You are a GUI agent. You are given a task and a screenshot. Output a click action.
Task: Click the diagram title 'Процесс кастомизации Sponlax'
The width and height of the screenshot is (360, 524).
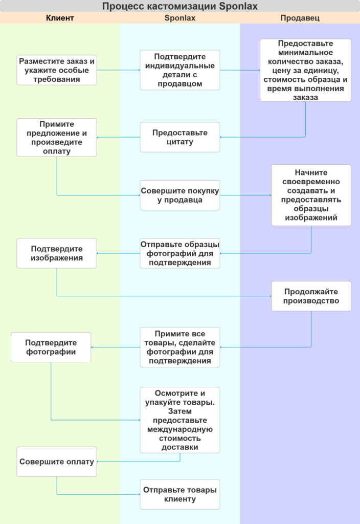(x=180, y=6)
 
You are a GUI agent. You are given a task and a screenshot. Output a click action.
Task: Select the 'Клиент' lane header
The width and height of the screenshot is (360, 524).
(x=60, y=18)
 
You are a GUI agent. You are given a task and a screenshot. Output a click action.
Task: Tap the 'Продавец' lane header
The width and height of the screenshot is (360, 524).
(x=300, y=18)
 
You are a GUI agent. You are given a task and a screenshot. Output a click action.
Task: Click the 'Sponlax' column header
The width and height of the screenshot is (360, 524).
(x=180, y=18)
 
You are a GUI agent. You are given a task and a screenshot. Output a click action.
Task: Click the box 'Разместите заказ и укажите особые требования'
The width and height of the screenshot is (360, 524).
(x=57, y=70)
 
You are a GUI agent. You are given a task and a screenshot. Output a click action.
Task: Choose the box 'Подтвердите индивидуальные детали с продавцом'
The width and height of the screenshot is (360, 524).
(x=180, y=70)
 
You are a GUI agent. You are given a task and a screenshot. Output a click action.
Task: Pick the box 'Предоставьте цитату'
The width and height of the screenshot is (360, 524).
(x=180, y=137)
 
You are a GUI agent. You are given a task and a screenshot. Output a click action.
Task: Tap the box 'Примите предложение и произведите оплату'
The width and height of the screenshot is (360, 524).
(x=57, y=137)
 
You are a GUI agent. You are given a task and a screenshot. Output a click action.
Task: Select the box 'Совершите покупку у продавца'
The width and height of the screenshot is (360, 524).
(x=180, y=195)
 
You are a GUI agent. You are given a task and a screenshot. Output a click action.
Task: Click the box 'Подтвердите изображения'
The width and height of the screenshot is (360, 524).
(x=57, y=253)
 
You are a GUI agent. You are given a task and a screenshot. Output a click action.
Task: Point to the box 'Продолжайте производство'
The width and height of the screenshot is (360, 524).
(x=311, y=296)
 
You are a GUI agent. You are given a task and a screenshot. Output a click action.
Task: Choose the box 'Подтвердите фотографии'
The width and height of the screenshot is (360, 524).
(x=51, y=347)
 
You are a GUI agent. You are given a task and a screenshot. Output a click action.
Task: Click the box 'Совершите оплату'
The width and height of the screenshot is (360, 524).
(x=57, y=462)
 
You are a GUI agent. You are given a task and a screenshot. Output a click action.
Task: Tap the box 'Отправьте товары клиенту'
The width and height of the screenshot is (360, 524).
(x=180, y=494)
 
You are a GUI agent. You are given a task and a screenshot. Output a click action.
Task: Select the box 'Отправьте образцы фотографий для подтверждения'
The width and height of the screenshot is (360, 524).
(x=180, y=253)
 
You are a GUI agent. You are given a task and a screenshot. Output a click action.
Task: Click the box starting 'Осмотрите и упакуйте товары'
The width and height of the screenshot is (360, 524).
(x=180, y=420)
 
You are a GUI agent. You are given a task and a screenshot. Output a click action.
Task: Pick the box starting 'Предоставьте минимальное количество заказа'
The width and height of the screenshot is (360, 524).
(x=306, y=70)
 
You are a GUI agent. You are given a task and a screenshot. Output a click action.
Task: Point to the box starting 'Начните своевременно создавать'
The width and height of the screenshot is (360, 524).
(x=311, y=195)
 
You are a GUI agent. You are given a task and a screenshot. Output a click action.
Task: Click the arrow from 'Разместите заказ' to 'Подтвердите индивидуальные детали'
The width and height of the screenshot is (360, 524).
(x=118, y=70)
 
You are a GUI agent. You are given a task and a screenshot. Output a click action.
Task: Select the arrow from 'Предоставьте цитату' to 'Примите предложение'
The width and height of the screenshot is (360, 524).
(x=118, y=137)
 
